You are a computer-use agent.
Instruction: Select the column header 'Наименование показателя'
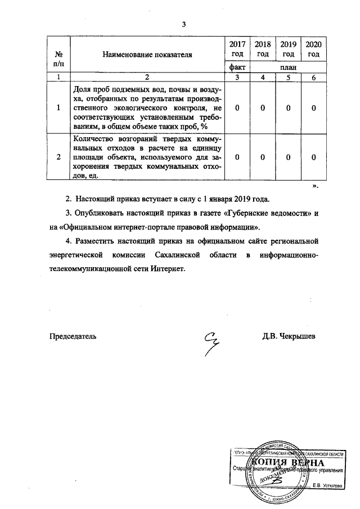point(147,55)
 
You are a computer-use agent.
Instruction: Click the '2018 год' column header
point(263,49)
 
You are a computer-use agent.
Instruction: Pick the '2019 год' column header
point(289,49)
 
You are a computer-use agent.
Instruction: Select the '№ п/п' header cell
point(59,58)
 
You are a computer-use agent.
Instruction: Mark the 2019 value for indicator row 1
point(289,108)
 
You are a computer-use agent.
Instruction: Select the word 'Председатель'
point(74,336)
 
